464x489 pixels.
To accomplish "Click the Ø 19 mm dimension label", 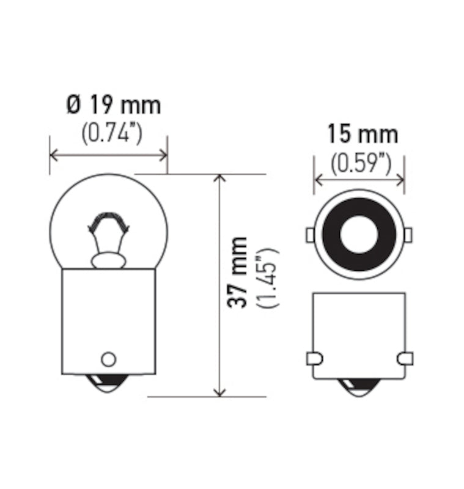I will click(x=114, y=106).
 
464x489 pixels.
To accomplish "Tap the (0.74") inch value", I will click(x=112, y=133).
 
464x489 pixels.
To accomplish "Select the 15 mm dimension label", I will click(x=362, y=134).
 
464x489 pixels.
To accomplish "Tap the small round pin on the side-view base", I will click(x=108, y=358).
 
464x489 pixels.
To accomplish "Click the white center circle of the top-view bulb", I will click(x=358, y=235).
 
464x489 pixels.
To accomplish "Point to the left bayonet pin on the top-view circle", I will click(x=310, y=235).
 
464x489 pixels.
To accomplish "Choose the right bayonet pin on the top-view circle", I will click(x=408, y=234).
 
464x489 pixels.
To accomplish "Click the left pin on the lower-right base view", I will click(x=312, y=358).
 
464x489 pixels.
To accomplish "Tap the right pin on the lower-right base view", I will click(x=405, y=358).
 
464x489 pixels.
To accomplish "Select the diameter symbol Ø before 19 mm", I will click(x=73, y=106).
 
